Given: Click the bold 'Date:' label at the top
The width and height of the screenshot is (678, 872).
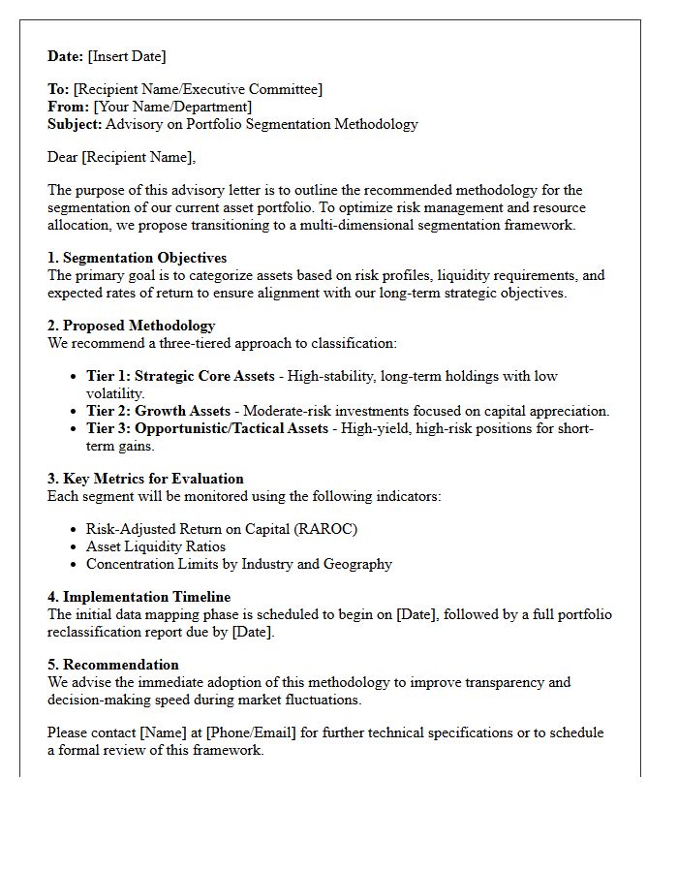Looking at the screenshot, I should click(66, 56).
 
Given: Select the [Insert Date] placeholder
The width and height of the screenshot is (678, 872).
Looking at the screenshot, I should click(127, 56).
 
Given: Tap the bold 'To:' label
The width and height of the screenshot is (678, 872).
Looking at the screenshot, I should click(58, 89).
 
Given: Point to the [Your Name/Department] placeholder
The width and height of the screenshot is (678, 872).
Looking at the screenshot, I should click(172, 107).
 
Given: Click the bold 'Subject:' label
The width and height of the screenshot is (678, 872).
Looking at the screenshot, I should click(75, 124).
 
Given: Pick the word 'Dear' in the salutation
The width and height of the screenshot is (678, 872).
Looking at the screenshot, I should click(63, 157).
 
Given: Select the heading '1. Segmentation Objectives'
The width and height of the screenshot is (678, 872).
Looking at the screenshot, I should click(137, 258).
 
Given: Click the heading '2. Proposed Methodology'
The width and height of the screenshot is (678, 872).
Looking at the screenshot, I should click(131, 326).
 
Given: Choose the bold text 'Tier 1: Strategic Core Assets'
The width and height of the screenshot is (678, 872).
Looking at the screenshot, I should click(180, 376).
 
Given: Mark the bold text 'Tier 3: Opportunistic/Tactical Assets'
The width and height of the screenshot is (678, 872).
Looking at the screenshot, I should click(206, 428).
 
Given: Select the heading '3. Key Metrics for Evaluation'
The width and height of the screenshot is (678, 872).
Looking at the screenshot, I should click(145, 479).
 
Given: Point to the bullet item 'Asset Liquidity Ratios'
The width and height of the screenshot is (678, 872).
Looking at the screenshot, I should click(155, 546).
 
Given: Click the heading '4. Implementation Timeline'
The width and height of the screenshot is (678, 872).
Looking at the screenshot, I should click(139, 597).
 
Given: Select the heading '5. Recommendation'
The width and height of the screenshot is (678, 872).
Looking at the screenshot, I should click(112, 665).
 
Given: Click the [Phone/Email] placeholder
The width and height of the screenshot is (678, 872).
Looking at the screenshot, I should click(247, 732).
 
